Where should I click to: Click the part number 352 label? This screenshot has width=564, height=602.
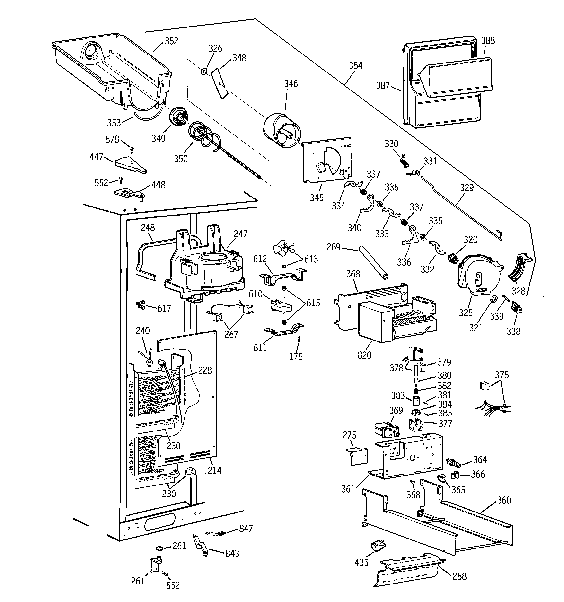point(171,41)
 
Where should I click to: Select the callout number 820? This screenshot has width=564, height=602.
point(364,355)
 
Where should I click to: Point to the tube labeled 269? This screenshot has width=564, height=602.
point(373,263)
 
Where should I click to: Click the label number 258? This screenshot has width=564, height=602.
point(459,576)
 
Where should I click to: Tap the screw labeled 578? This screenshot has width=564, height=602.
point(132,149)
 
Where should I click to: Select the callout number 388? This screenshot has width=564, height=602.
point(488,41)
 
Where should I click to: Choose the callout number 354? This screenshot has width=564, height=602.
point(355,66)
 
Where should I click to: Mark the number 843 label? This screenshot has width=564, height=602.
point(232,554)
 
